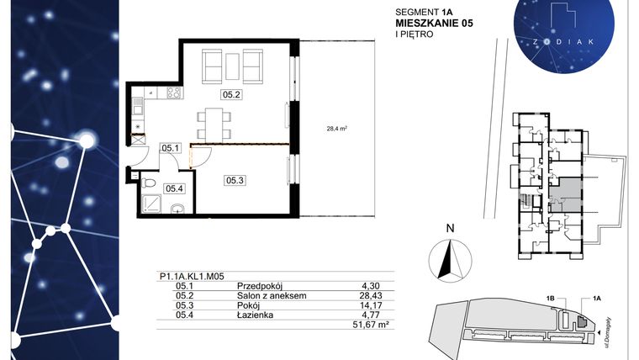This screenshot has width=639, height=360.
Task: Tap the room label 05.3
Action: point(234,179)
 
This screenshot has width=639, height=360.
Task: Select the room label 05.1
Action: point(172,148)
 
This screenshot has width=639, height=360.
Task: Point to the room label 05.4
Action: point(174,189)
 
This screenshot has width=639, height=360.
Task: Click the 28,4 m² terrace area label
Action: point(338,129)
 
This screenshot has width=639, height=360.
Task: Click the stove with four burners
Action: point(175,94)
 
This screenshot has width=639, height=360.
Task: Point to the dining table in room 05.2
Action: point(212,122)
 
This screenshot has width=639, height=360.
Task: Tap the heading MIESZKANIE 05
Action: point(434,24)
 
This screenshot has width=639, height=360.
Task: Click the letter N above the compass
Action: point(450,227)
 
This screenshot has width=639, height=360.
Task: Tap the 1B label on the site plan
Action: point(550,298)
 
